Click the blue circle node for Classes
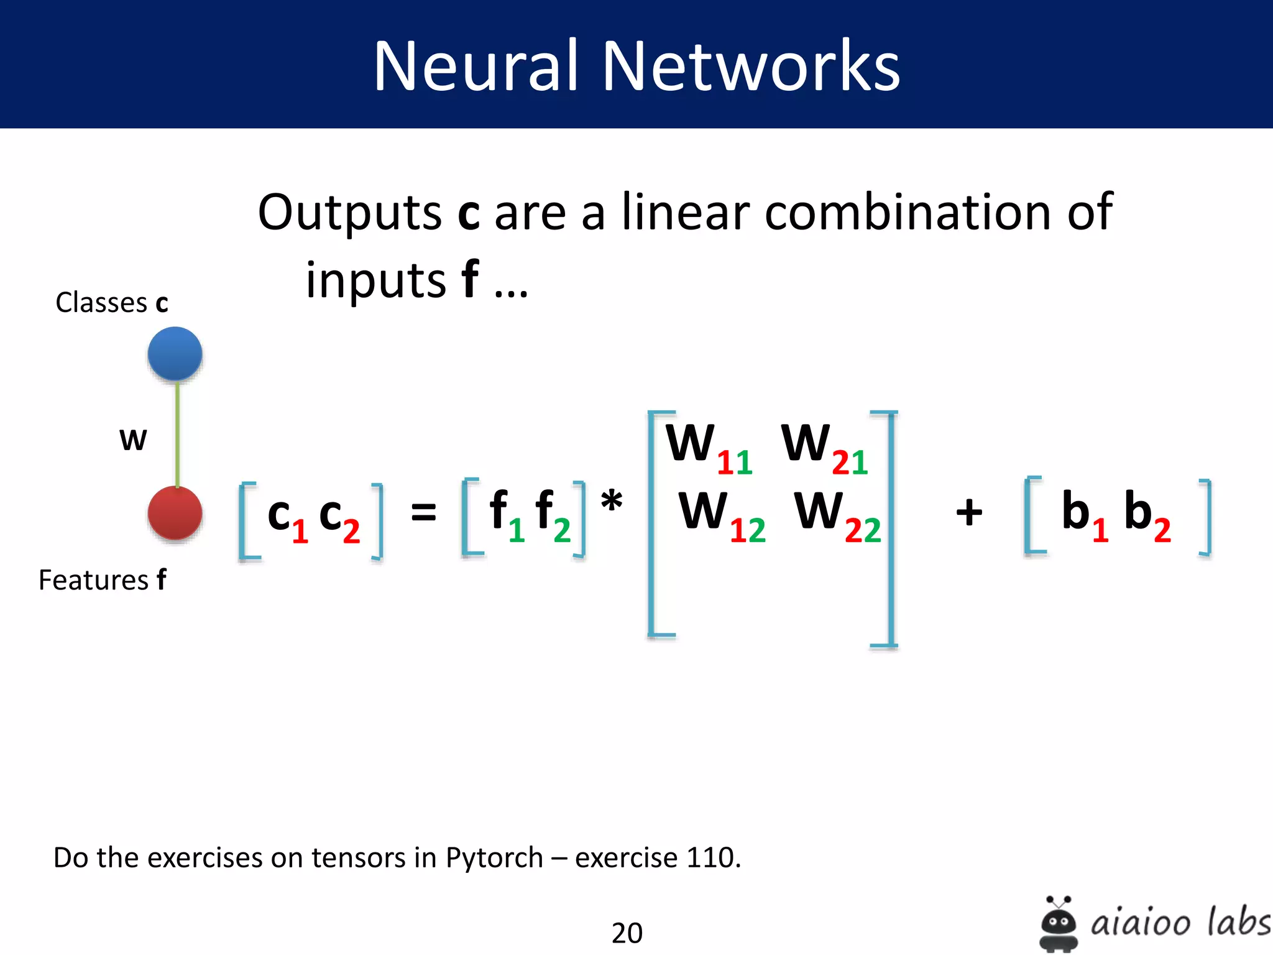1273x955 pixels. (175, 354)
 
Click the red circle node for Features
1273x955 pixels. (175, 513)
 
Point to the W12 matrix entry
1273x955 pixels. (721, 515)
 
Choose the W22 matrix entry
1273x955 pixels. (837, 515)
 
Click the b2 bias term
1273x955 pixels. (1147, 515)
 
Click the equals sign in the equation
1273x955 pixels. (423, 514)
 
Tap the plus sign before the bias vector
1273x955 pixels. (968, 513)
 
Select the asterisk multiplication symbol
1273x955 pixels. (612, 501)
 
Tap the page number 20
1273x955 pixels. (627, 933)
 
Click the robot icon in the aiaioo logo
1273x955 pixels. (1058, 923)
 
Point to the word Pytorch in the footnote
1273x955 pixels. (494, 858)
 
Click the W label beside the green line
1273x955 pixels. (133, 440)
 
